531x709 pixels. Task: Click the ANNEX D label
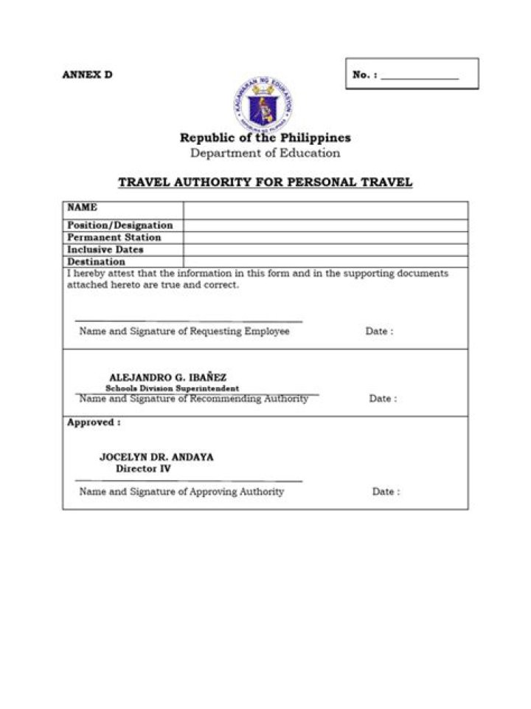tap(87, 75)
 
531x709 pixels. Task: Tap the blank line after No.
tap(420, 76)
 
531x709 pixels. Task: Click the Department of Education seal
tap(264, 104)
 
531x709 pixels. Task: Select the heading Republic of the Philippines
tap(265, 137)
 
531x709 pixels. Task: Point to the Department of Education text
tap(265, 154)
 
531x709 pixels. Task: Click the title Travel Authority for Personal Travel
tap(265, 182)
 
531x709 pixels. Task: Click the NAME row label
tap(83, 208)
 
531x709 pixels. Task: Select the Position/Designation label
tap(120, 225)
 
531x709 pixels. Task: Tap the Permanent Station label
tap(114, 238)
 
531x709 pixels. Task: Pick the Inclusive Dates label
tap(105, 250)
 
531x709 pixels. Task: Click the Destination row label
tap(97, 261)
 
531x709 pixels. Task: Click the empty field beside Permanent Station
tap(325, 238)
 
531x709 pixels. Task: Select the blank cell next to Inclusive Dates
tap(325, 250)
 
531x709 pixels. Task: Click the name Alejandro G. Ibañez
tap(163, 377)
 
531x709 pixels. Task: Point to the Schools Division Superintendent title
tap(173, 388)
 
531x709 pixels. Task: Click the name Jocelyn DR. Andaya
tap(156, 457)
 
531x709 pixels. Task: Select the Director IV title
tap(143, 469)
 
